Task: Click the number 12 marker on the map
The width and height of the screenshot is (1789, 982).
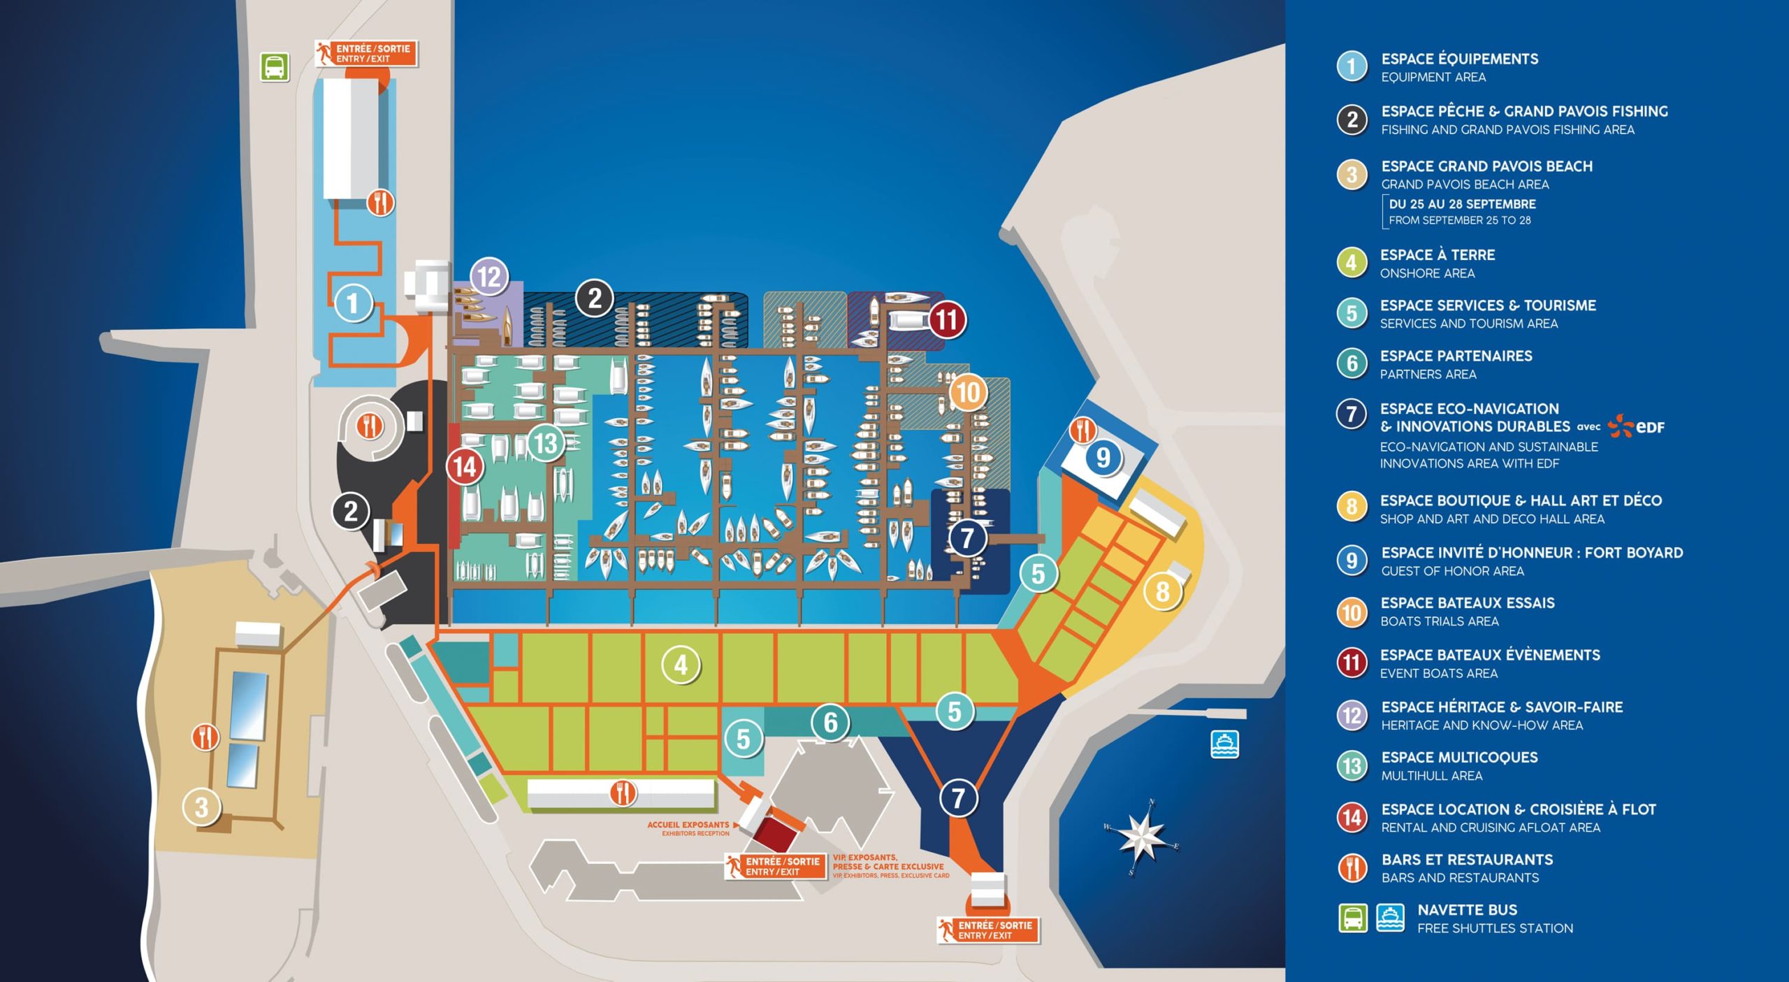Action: tap(489, 277)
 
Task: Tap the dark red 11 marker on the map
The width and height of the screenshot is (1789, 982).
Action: tap(947, 320)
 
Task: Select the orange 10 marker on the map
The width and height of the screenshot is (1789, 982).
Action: tap(968, 392)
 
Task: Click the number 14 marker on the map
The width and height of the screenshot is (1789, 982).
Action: tap(465, 466)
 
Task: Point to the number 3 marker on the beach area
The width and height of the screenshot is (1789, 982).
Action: tap(201, 807)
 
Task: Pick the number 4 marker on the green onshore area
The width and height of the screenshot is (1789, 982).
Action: tap(681, 665)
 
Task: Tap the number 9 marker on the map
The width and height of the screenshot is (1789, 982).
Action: tap(1103, 458)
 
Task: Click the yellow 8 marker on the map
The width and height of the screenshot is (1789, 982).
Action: tap(1162, 591)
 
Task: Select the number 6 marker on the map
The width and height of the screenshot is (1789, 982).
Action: tap(830, 722)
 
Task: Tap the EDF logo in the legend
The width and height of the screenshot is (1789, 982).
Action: tap(1636, 426)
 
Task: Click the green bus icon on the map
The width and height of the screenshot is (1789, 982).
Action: tap(275, 68)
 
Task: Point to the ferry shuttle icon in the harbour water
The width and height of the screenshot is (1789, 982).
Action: tap(1224, 744)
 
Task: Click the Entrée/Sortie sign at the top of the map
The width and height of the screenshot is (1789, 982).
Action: tap(366, 53)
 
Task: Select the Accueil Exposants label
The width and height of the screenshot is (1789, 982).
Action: tap(688, 825)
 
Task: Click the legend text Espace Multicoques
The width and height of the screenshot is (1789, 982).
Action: tap(1459, 757)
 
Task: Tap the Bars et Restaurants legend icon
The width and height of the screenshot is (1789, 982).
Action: tap(1352, 867)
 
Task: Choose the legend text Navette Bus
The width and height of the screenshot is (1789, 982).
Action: tap(1467, 910)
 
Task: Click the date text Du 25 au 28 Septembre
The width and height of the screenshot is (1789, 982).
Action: tap(1462, 204)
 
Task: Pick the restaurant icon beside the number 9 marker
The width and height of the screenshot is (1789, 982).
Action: tap(1083, 431)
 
